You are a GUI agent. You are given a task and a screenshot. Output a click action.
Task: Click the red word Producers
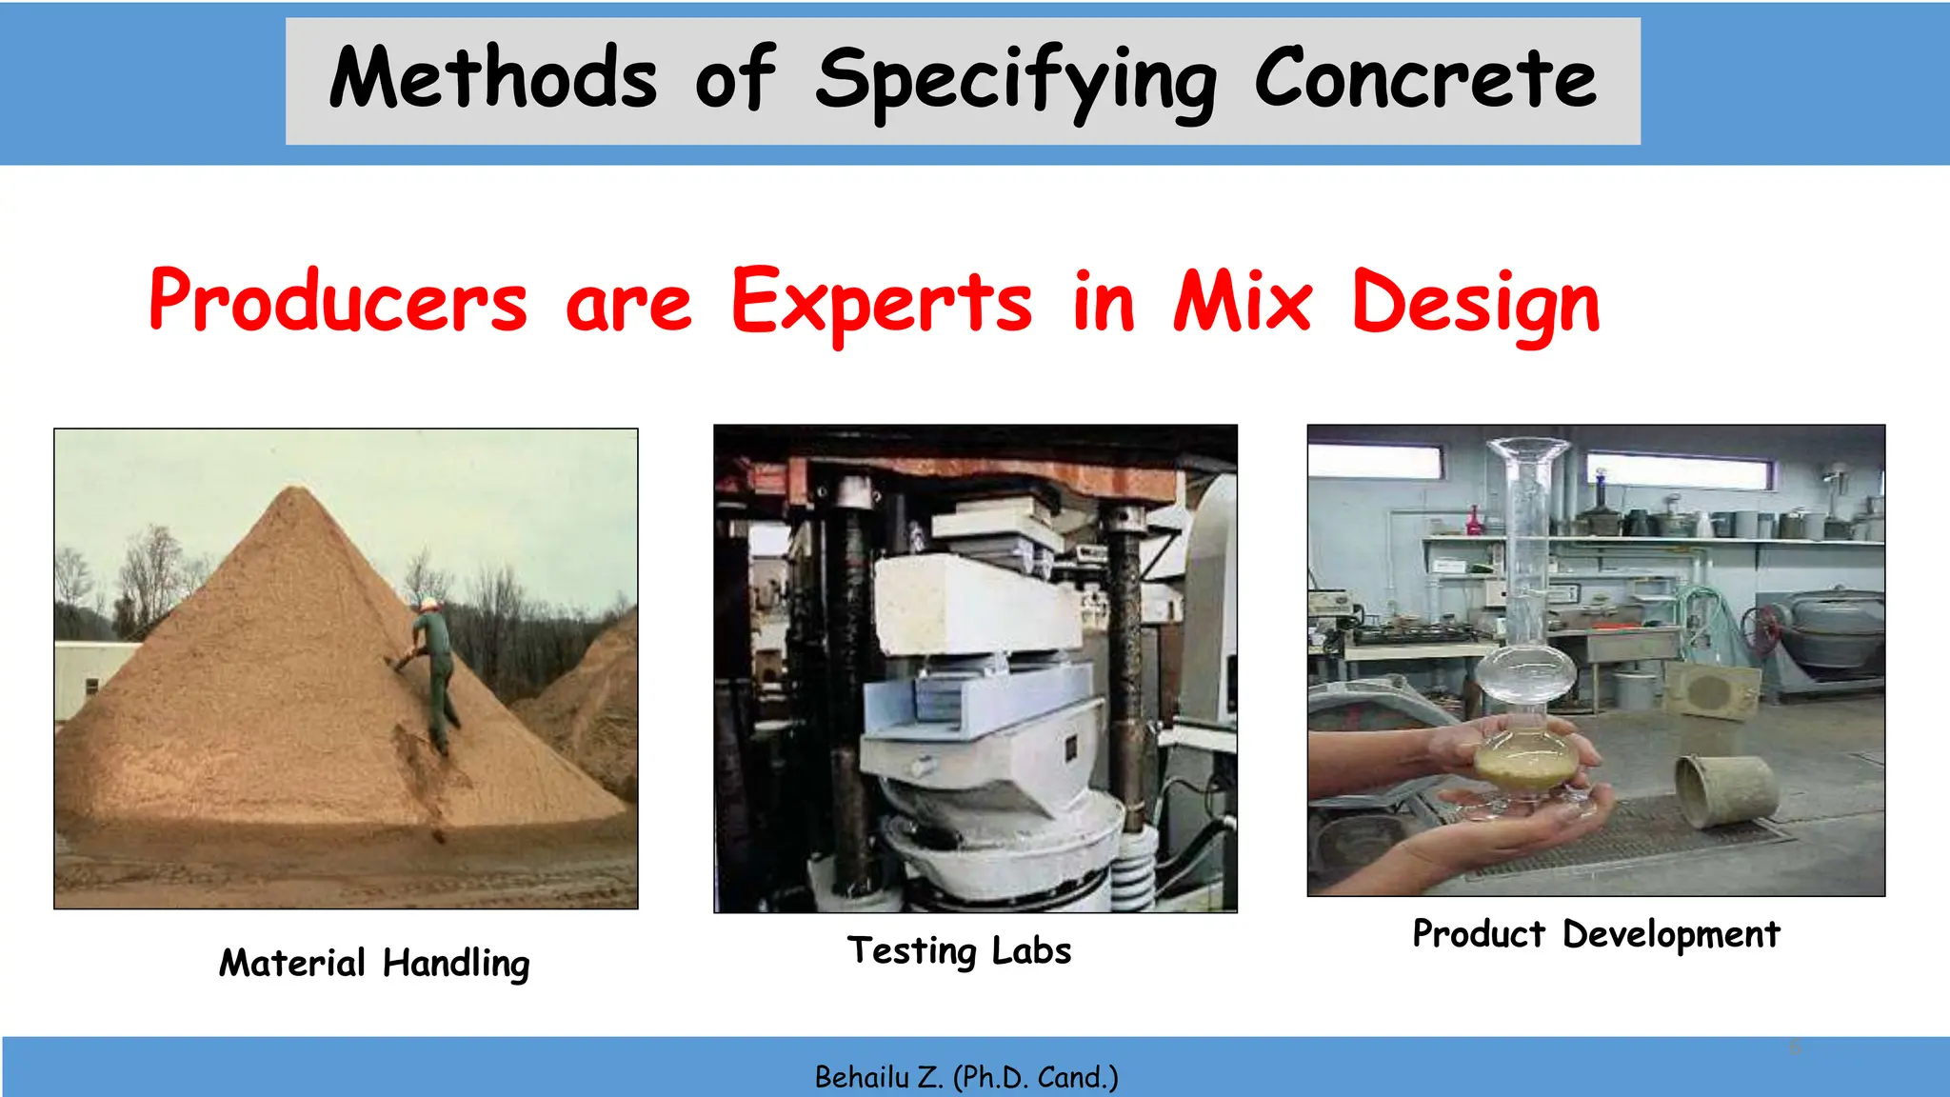pyautogui.click(x=338, y=302)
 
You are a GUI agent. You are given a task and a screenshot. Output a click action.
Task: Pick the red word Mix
pyautogui.click(x=1243, y=302)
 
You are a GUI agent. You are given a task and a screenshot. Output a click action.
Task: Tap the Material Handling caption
pyautogui.click(x=374, y=964)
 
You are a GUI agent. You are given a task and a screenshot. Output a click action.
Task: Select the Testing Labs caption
pyautogui.click(x=959, y=951)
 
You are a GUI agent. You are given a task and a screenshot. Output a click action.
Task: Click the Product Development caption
pyautogui.click(x=1596, y=934)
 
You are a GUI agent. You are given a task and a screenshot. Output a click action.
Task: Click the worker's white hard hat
pyautogui.click(x=430, y=604)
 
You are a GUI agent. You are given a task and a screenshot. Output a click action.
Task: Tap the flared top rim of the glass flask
pyautogui.click(x=1527, y=446)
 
